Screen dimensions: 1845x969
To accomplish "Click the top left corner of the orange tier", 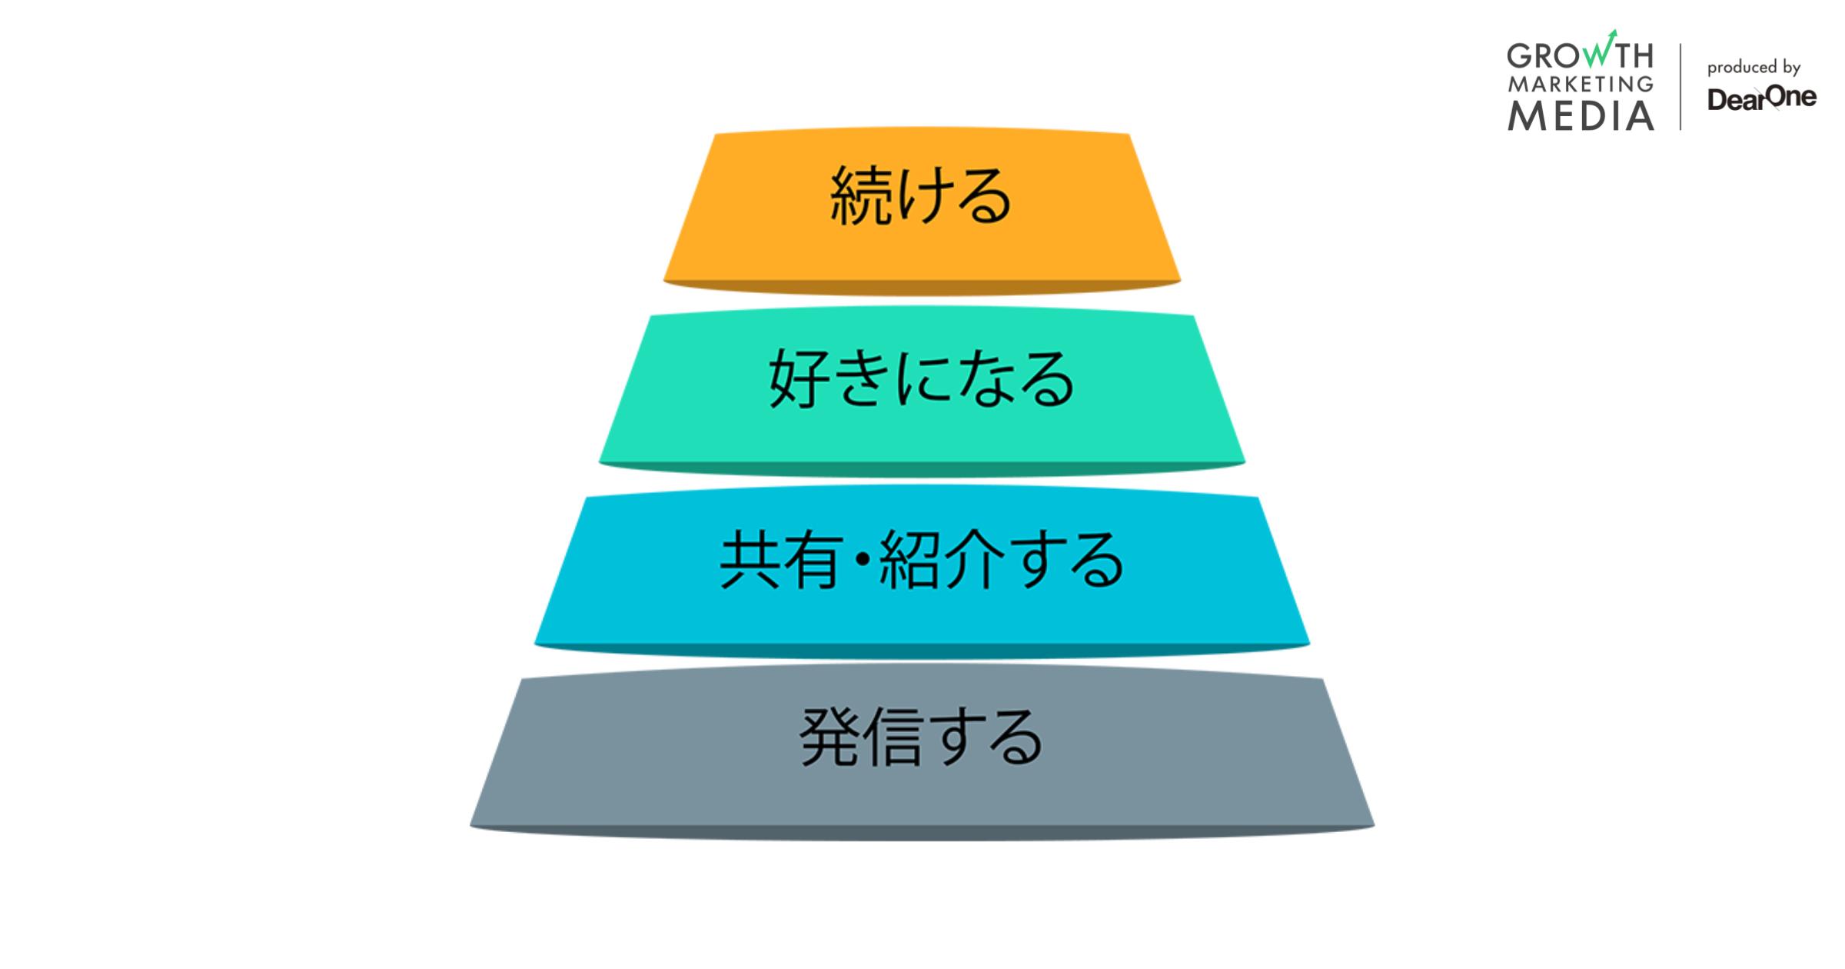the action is coord(716,135).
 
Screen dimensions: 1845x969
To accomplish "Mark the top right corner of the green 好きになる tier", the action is coord(1194,316).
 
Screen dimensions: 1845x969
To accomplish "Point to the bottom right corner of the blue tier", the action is coord(1309,644).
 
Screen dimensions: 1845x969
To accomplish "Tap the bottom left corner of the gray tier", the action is coord(470,826).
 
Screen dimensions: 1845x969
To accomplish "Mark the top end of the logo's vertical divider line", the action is coord(1680,44).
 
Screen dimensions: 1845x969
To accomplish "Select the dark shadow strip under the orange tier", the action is coord(922,288).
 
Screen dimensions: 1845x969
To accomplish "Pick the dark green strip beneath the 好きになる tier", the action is coord(922,469).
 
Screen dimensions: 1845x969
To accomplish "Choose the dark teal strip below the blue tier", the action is coord(922,651).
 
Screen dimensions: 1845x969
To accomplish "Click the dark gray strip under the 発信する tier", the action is coord(922,833).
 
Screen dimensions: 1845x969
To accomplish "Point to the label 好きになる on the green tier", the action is coord(922,378).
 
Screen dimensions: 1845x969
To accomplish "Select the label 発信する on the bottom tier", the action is coord(922,738).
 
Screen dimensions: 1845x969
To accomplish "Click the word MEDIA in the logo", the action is coord(1581,116).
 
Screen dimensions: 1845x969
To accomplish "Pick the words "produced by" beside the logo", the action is coord(1754,68).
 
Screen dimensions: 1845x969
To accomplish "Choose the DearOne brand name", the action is coord(1762,98).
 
